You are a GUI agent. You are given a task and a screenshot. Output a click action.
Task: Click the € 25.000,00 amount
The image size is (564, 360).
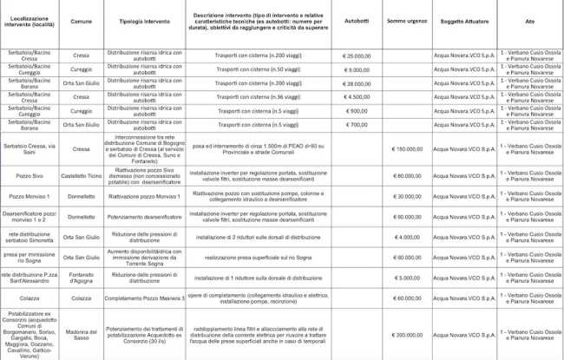click(x=357, y=56)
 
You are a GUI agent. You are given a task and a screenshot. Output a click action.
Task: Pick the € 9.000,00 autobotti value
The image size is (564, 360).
click(x=357, y=69)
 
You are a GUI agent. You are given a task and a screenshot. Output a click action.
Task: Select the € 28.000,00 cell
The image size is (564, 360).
click(x=357, y=83)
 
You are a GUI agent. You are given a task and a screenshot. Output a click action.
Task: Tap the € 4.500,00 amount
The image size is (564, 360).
click(x=357, y=97)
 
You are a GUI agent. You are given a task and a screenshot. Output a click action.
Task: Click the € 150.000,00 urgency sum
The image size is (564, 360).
click(x=407, y=149)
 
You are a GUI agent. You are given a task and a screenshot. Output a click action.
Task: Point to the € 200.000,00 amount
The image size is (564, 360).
click(x=407, y=333)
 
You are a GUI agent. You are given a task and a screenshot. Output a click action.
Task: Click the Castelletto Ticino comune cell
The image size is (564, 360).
click(x=81, y=176)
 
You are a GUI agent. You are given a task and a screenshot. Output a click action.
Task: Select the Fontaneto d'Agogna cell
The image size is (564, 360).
click(x=81, y=278)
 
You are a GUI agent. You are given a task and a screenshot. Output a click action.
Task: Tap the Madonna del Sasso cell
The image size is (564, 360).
click(x=81, y=333)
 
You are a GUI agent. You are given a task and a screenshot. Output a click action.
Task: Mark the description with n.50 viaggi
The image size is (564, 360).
click(x=254, y=69)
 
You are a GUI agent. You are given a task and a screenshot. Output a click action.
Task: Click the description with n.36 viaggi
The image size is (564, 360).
click(x=254, y=97)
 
